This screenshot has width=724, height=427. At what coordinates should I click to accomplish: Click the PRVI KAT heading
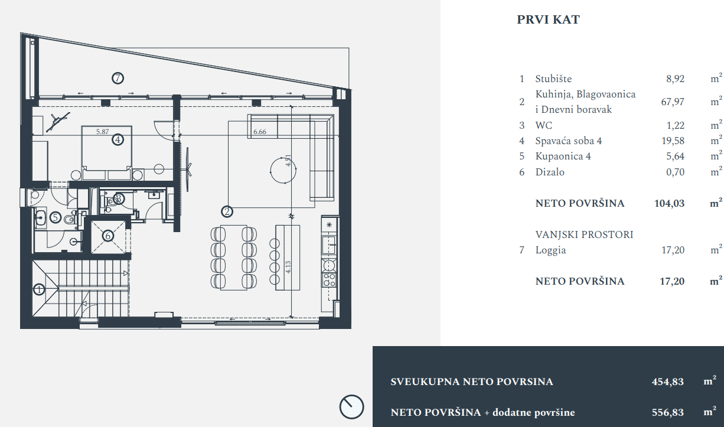[548, 20]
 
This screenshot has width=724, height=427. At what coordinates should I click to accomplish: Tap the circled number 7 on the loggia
[118, 77]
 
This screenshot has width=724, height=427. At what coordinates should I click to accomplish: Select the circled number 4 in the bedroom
[118, 140]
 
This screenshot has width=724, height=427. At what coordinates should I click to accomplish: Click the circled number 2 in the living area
[227, 210]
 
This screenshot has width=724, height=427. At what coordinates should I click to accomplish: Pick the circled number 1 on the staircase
[39, 289]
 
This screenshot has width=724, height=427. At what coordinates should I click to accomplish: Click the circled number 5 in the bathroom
[56, 217]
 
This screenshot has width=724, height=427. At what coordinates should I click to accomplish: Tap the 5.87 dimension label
[103, 132]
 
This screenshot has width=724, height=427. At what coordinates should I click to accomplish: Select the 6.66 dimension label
[260, 132]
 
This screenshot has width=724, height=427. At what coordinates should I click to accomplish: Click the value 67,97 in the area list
[673, 102]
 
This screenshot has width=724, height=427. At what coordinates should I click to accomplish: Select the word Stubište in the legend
[553, 79]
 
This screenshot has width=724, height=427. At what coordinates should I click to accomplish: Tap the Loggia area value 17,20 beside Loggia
[673, 250]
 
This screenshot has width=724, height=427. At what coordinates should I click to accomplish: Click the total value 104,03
[670, 204]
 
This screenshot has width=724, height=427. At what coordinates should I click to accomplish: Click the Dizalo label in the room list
[550, 172]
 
